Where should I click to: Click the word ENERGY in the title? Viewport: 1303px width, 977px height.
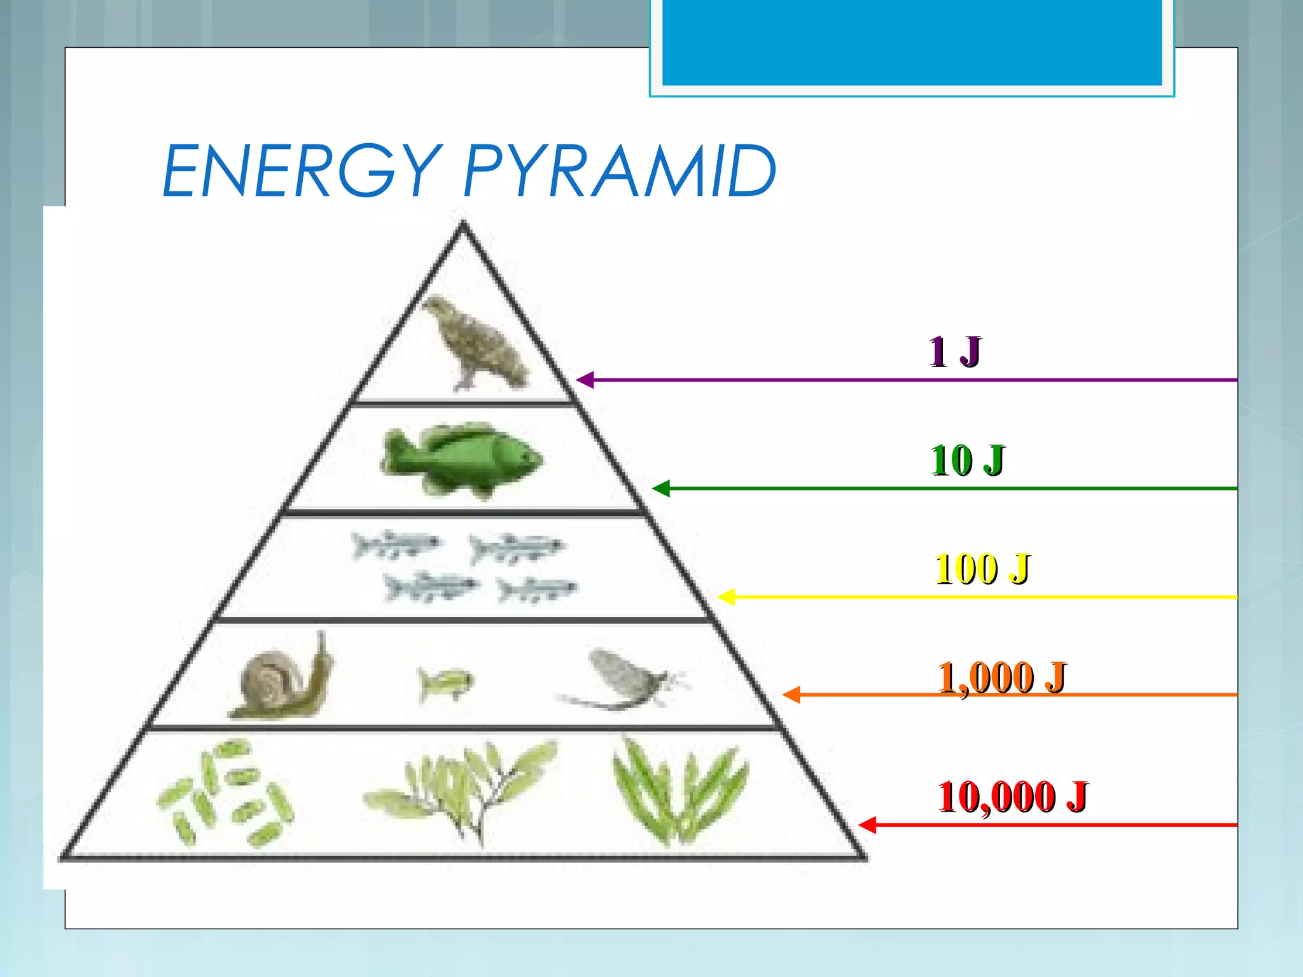[302, 170]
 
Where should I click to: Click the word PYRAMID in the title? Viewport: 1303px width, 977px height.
[620, 170]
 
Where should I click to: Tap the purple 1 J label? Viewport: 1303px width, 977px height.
[954, 352]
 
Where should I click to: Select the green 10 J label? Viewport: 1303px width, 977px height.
[967, 460]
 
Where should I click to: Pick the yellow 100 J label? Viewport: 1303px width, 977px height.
[982, 568]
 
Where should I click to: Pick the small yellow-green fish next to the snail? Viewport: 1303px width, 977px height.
[445, 683]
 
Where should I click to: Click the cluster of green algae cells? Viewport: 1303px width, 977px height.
[226, 792]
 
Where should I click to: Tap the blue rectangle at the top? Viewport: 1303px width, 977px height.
[912, 42]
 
